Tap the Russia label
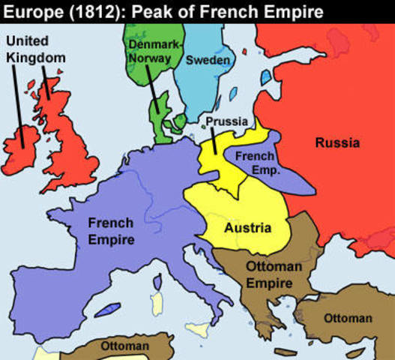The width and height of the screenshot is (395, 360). click(337, 142)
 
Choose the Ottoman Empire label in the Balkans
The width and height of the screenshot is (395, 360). click(274, 274)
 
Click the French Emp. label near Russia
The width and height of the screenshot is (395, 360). click(257, 163)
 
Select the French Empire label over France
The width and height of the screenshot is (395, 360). click(111, 231)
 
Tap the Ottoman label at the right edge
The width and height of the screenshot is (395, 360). click(348, 318)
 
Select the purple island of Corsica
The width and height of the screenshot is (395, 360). click(157, 281)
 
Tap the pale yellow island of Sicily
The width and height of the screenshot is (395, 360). click(200, 328)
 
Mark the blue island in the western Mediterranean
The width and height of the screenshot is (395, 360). click(111, 308)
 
